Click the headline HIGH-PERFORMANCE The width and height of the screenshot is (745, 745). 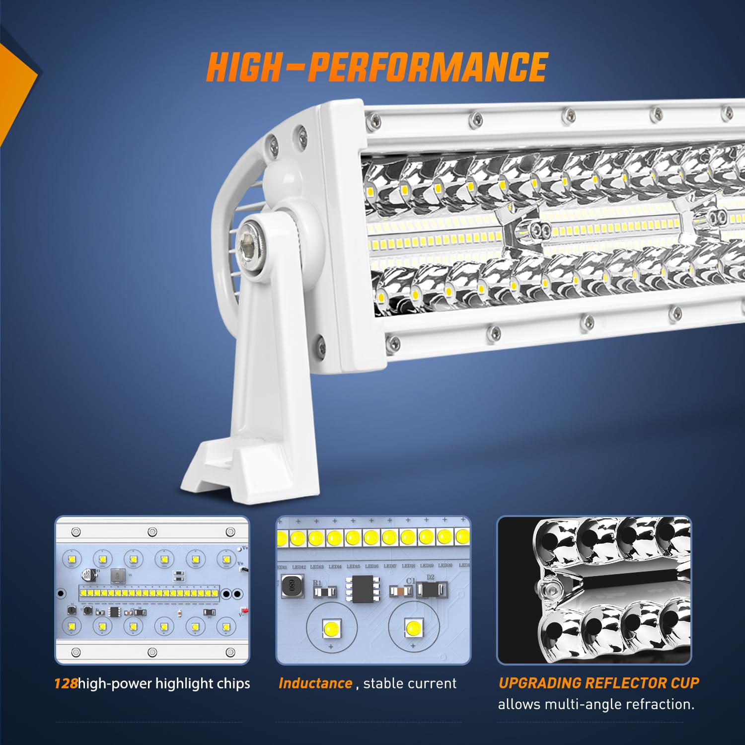pos(376,68)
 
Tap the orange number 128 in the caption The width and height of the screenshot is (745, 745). pos(66,683)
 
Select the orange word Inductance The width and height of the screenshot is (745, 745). pos(315,683)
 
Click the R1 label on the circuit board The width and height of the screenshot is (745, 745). pos(317,583)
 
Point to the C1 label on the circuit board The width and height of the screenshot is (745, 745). pos(410,581)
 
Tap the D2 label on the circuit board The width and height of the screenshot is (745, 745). pos(430,577)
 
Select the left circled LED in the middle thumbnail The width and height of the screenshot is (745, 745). pos(331,628)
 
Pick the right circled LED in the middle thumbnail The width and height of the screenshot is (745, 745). pos(413,628)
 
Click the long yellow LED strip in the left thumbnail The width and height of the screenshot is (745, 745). pos(149,593)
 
